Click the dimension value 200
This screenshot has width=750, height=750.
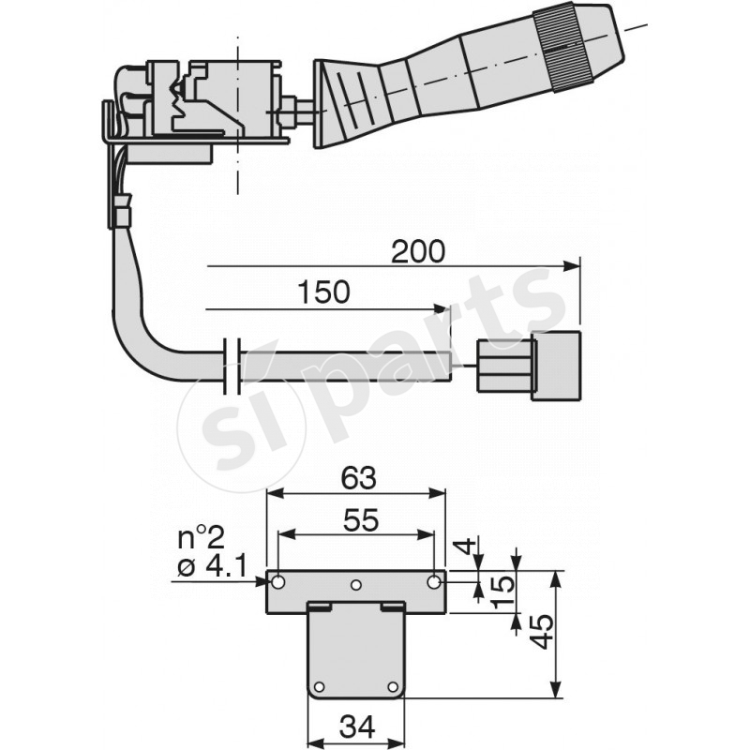419,251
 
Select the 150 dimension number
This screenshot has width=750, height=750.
323,292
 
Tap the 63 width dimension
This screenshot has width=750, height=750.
356,478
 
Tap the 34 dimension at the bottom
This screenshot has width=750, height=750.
356,727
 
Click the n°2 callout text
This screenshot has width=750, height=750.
201,538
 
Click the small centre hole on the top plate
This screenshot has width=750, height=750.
356,586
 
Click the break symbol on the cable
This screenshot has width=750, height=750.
234,364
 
